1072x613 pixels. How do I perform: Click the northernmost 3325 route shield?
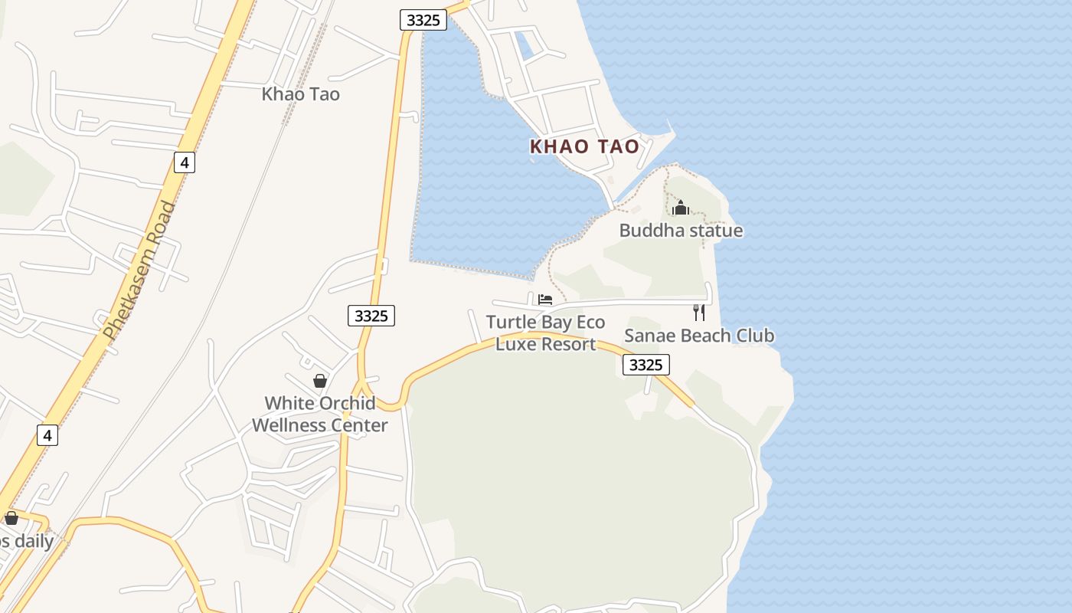[x=423, y=20]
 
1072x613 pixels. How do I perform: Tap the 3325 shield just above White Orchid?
[x=371, y=315]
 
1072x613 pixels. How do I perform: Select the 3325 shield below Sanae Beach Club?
[x=645, y=365]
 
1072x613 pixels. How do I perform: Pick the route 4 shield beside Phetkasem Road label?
[x=184, y=162]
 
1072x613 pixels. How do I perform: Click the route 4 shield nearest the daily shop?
[x=47, y=435]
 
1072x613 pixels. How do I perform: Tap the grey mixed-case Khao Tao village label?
[x=300, y=94]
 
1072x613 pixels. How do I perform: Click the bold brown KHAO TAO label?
[x=584, y=146]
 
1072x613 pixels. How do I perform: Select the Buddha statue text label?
[x=681, y=230]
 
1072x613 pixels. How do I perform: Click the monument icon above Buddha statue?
[x=680, y=208]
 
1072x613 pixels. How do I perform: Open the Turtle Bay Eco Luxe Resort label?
[x=545, y=333]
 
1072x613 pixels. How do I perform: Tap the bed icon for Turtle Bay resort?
[x=545, y=299]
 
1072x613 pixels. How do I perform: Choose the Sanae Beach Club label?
[x=698, y=336]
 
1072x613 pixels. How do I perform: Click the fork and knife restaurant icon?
[x=698, y=312]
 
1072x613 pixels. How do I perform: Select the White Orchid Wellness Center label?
[x=320, y=414]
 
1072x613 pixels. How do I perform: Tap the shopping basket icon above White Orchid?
[x=320, y=381]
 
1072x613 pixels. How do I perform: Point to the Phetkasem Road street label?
[x=140, y=270]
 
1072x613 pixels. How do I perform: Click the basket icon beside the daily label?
[x=11, y=518]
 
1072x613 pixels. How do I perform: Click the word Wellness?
[x=290, y=425]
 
